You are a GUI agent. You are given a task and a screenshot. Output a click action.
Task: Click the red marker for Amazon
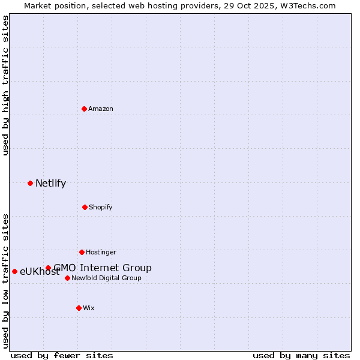click(85, 109)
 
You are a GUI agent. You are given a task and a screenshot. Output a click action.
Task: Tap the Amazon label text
click(101, 109)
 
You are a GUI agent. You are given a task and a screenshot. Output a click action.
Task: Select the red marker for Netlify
click(31, 183)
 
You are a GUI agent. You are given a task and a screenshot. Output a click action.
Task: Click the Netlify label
click(50, 184)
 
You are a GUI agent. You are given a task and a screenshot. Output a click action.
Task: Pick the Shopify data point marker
click(85, 207)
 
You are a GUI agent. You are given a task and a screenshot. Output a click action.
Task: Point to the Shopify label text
click(100, 207)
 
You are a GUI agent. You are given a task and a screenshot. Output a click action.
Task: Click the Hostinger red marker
click(82, 252)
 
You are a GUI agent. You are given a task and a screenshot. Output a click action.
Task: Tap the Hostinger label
click(101, 252)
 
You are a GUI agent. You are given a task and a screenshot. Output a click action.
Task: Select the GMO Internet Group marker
click(48, 268)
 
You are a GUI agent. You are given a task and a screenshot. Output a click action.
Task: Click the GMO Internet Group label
click(103, 268)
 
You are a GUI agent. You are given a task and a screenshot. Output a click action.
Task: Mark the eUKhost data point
click(14, 271)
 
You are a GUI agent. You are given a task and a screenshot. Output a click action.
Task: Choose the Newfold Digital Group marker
click(67, 278)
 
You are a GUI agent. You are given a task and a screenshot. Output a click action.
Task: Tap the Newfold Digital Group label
click(107, 278)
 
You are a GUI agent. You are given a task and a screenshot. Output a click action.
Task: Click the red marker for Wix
click(79, 308)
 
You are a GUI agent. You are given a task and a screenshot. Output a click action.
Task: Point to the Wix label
click(89, 308)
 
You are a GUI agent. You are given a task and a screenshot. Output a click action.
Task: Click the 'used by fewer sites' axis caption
click(62, 355)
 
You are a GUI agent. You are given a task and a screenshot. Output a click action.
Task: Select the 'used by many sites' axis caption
click(301, 355)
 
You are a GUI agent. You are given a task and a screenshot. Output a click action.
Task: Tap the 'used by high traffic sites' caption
click(5, 85)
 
